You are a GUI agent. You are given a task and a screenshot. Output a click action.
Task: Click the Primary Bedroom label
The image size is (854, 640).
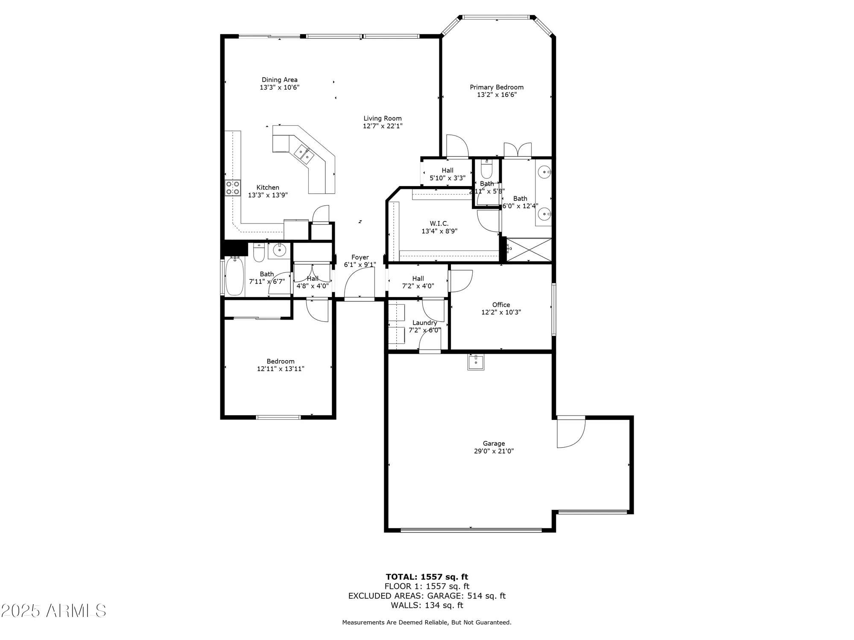coord(496,87)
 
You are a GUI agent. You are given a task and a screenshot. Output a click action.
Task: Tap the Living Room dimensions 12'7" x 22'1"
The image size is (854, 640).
coord(383,126)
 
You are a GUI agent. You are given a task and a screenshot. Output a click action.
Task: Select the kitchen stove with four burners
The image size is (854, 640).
coord(233,188)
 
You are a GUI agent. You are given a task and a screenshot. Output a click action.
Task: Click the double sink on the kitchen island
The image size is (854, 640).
coord(304,154)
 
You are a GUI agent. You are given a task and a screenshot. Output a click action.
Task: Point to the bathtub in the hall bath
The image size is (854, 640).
coord(234,276)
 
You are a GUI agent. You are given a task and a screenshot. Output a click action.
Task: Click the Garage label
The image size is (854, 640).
coord(494,443)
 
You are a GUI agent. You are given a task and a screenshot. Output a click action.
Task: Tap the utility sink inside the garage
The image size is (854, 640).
coord(476,362)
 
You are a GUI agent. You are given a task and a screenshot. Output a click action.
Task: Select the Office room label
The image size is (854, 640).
coord(501,305)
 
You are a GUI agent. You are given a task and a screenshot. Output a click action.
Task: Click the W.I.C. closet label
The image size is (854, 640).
coord(439,224)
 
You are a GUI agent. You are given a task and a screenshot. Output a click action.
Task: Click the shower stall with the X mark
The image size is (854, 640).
coord(529,250)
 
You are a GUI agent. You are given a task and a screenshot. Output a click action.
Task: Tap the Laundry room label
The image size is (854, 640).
coord(424,323)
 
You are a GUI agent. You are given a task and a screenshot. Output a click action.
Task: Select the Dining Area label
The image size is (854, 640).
coord(279,80)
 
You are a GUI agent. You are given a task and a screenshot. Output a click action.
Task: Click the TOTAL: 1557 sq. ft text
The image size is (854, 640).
coord(427,577)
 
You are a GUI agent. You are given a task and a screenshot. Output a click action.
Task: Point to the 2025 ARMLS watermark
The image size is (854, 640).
coord(53,611)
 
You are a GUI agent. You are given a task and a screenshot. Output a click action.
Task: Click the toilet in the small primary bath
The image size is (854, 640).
coord(486,169)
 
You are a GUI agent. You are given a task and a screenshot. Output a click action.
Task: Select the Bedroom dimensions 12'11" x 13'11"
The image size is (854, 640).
coord(280,369)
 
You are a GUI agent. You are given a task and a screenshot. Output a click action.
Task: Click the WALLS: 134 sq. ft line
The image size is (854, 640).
coord(427,605)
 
